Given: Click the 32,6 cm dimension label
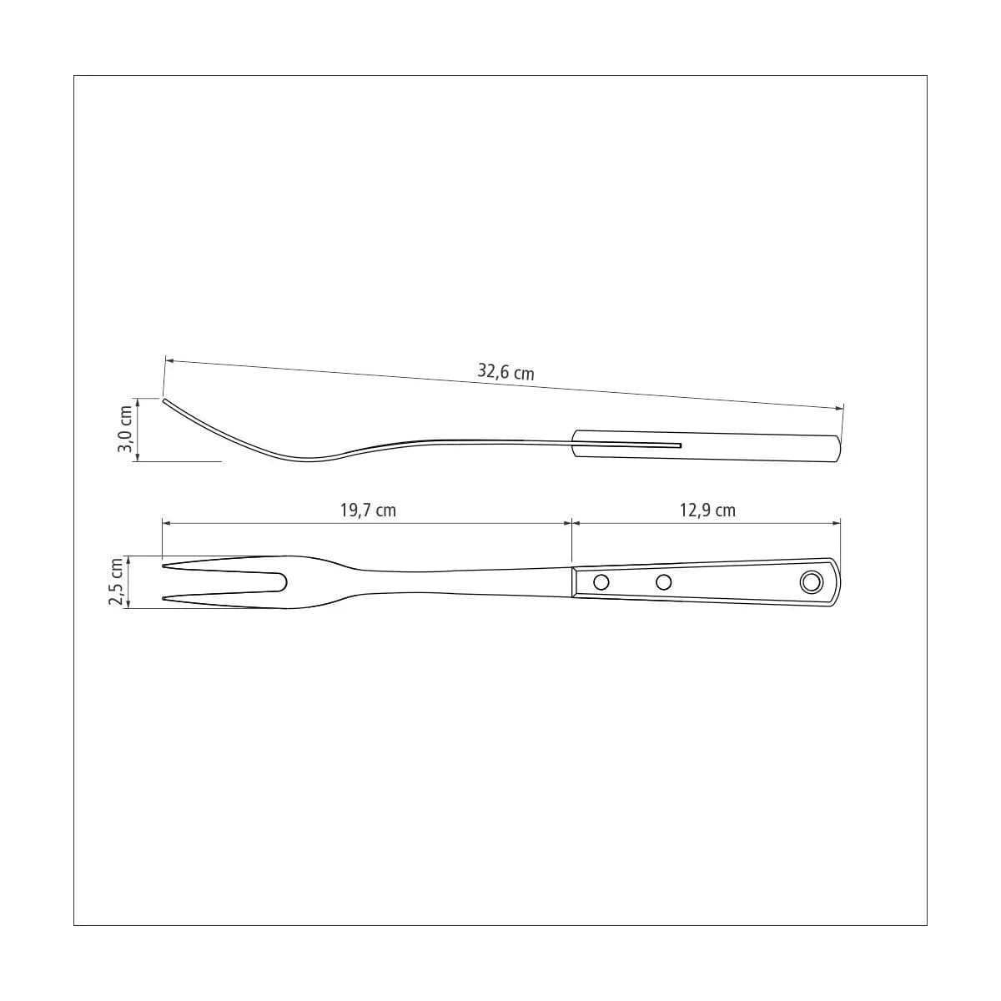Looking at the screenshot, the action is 506,372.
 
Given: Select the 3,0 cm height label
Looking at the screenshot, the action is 125,429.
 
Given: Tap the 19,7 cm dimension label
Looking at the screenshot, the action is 368,511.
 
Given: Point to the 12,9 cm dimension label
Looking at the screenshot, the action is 707,511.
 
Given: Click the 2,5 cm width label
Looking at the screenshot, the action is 115,581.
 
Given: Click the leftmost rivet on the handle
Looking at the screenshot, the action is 601,581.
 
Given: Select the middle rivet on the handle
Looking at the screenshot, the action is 663,581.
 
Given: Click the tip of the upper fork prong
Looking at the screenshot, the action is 163,566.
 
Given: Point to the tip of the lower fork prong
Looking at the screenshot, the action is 163,599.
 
